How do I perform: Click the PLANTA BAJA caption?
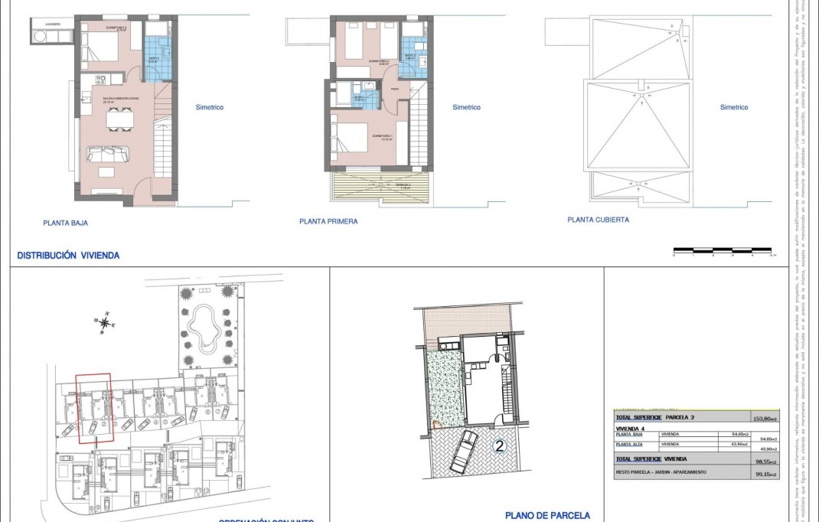(66, 224)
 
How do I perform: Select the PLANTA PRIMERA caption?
(328, 221)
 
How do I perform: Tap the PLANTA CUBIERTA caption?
(598, 220)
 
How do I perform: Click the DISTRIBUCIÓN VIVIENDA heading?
(68, 256)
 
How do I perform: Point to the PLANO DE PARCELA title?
(547, 516)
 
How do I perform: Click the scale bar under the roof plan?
(723, 250)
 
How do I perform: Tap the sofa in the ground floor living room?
(108, 154)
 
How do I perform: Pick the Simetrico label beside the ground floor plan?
(209, 107)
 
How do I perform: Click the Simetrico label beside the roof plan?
(733, 107)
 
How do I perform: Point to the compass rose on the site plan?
(104, 322)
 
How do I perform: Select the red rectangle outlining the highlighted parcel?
(94, 408)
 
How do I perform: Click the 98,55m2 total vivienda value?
(765, 462)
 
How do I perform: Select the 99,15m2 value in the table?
(765, 475)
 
